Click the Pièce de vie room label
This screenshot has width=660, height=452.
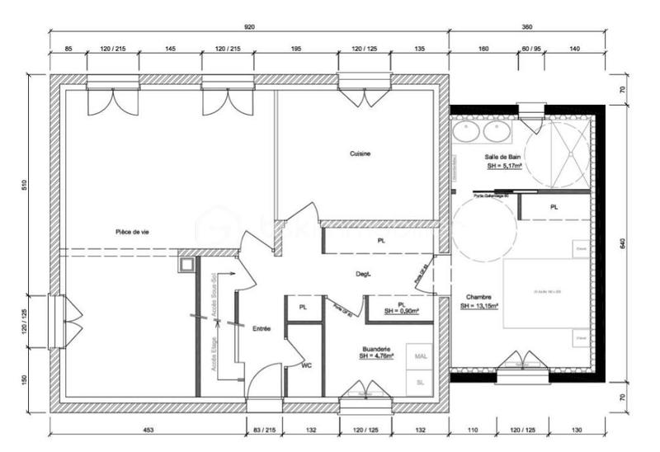tap(132, 233)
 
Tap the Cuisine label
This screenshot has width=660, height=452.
tap(360, 154)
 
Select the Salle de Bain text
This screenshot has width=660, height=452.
tap(502, 157)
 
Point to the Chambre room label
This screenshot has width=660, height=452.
tap(478, 297)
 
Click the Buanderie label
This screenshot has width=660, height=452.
tap(375, 348)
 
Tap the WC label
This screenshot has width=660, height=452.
tap(306, 364)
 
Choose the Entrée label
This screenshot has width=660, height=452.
tap(262, 328)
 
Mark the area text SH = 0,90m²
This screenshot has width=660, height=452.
tap(401, 311)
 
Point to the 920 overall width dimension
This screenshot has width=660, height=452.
tap(250, 27)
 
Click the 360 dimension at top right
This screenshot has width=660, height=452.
tap(527, 27)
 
